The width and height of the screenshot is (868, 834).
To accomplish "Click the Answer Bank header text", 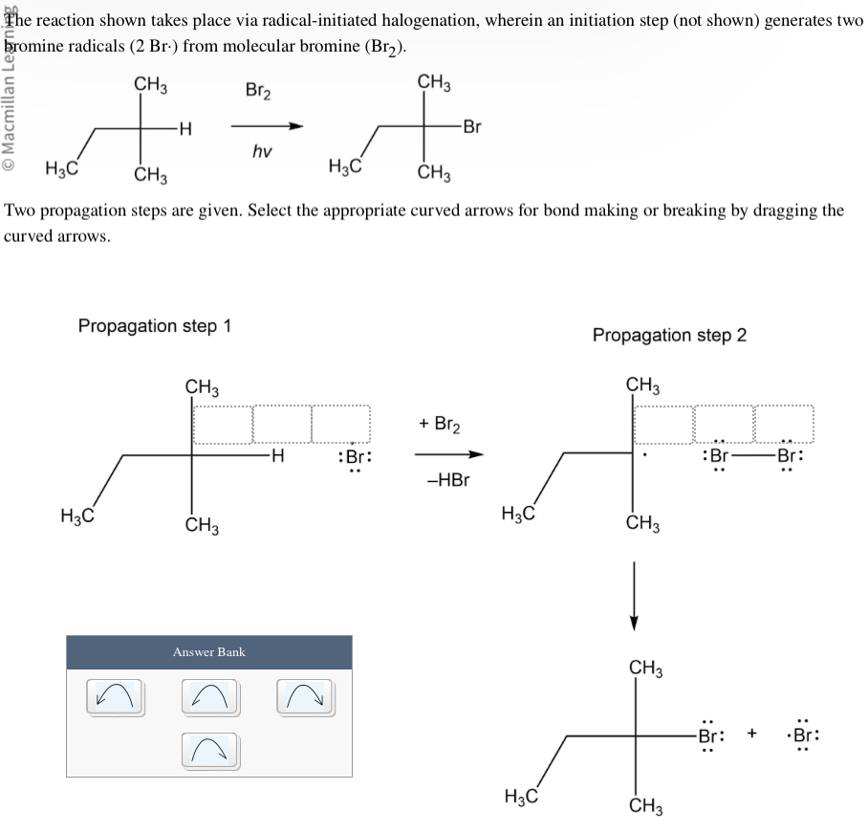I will click(x=208, y=652).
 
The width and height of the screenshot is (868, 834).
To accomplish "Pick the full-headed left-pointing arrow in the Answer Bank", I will click(x=115, y=696).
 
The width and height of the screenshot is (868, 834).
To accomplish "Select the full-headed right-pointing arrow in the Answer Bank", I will click(x=306, y=696).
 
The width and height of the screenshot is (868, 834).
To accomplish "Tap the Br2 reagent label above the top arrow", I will click(x=258, y=92).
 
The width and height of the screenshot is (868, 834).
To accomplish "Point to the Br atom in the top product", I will click(x=471, y=126).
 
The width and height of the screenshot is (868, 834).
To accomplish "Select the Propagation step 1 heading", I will click(x=155, y=326).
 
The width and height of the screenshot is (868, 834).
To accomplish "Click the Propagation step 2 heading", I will click(x=669, y=335).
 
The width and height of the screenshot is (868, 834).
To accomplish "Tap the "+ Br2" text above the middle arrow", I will click(x=443, y=424).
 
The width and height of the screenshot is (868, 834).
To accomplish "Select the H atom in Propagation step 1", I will click(x=277, y=456).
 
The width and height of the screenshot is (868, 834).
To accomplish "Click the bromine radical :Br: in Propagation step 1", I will click(x=354, y=457).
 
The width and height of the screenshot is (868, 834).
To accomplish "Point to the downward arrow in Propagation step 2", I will click(x=632, y=593).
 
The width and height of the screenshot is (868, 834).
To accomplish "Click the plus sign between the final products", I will click(x=753, y=735).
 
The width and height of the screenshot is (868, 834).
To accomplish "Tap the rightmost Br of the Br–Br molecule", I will click(x=790, y=456).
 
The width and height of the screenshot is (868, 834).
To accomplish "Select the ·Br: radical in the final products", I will click(x=804, y=736).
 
